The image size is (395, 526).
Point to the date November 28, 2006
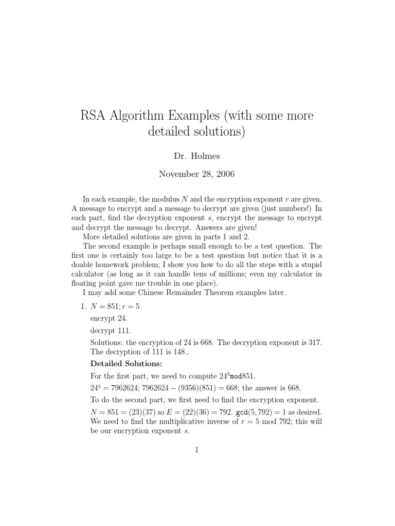click(196, 174)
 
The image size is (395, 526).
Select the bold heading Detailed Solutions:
click(119, 364)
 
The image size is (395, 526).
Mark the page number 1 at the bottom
click(196, 450)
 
